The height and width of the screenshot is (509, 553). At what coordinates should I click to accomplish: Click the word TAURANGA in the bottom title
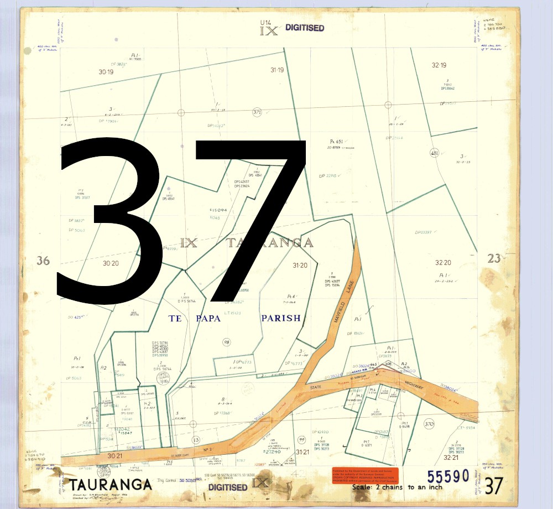click(x=111, y=484)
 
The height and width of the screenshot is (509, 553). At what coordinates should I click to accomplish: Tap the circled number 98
click(x=226, y=342)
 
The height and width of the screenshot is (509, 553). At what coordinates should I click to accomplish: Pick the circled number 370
click(x=429, y=424)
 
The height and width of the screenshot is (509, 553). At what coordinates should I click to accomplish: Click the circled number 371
click(x=257, y=112)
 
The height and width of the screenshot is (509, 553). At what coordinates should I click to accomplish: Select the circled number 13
click(x=196, y=440)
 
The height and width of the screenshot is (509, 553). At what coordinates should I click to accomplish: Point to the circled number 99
click(x=301, y=440)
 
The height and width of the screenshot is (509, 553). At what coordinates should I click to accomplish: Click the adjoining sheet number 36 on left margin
click(x=43, y=261)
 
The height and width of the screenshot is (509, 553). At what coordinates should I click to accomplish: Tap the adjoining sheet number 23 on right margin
click(x=494, y=258)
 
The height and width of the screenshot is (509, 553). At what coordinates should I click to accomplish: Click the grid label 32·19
click(x=439, y=65)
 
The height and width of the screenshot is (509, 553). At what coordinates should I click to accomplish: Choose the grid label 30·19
click(x=106, y=72)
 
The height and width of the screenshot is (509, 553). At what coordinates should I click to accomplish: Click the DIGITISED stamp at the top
click(x=305, y=28)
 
